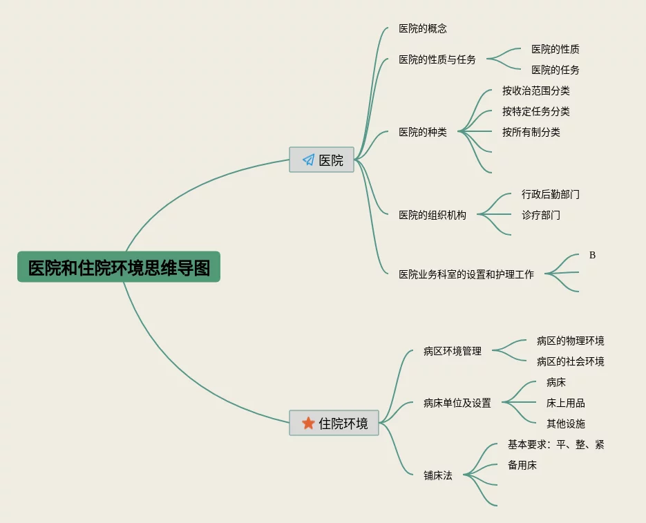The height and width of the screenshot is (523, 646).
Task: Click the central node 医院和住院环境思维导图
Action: [x=119, y=267]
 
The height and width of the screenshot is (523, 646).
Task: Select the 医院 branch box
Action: [x=321, y=160]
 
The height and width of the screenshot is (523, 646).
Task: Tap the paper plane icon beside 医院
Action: [x=308, y=160]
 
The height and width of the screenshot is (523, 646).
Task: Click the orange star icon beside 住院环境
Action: [x=308, y=423]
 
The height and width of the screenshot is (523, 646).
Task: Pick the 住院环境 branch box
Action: [x=334, y=423]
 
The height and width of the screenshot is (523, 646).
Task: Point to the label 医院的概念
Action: [x=423, y=28]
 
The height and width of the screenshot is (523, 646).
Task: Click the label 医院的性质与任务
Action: [x=437, y=59]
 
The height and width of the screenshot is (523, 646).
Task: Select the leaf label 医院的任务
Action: [x=555, y=70]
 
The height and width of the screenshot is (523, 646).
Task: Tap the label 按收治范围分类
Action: [x=536, y=91]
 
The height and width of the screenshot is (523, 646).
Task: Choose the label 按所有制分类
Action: [x=531, y=132]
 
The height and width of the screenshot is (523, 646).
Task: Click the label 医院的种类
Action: [x=423, y=132]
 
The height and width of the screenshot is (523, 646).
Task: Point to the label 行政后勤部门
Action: [x=551, y=194]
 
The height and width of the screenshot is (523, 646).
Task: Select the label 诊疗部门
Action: [x=541, y=215]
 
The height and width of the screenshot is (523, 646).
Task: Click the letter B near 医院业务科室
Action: [x=592, y=255]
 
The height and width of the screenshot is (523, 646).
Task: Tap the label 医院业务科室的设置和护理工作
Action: [x=466, y=274]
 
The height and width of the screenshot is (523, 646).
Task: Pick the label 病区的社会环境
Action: [x=571, y=361]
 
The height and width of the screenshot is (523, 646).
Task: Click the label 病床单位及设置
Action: [x=457, y=403]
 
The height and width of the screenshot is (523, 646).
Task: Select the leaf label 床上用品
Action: [x=566, y=403]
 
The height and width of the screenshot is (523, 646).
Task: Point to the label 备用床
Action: [x=522, y=465]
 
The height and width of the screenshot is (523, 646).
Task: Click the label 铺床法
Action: [x=438, y=475]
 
